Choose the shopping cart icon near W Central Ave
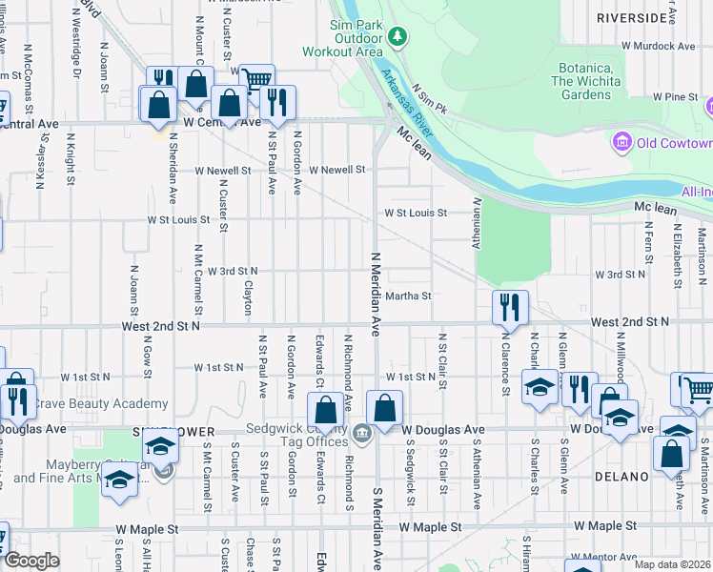256,80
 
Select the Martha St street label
409,296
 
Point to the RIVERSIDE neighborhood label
632,17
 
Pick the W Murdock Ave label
656,45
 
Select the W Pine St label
676,97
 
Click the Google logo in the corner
31,561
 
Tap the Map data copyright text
673,564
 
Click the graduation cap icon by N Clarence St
540,386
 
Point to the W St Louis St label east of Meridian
416,214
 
